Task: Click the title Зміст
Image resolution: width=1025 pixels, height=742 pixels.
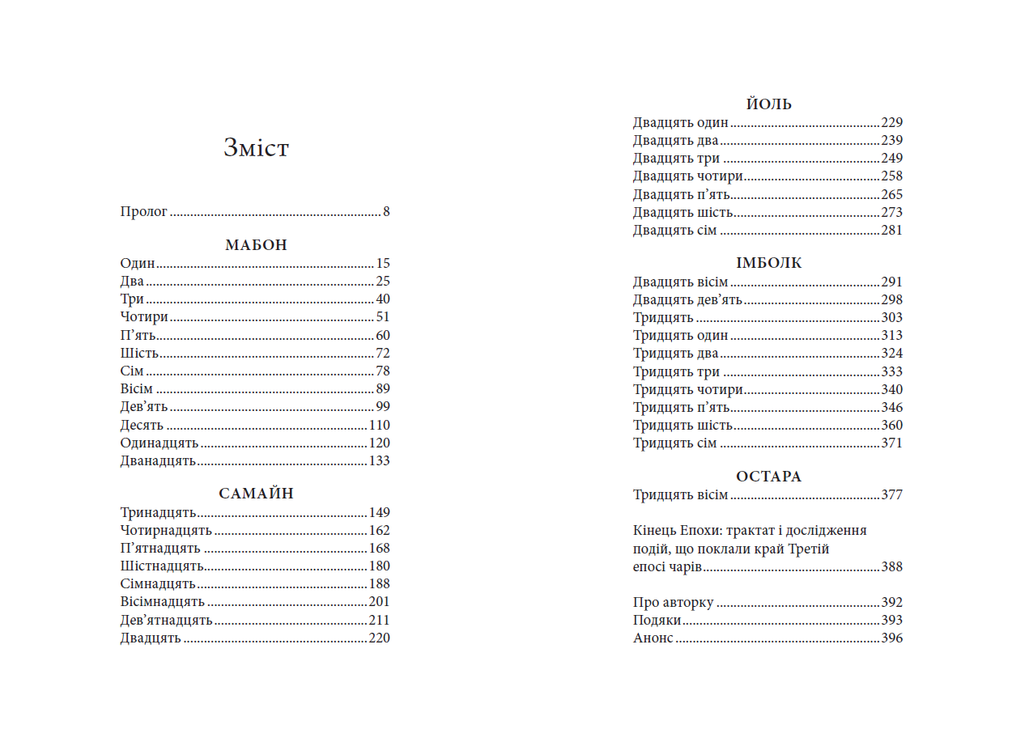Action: [256, 148]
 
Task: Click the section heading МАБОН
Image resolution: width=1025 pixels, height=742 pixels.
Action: [256, 245]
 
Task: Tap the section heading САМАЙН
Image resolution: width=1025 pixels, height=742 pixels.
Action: [256, 494]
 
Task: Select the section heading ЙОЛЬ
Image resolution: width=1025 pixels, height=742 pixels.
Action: [768, 104]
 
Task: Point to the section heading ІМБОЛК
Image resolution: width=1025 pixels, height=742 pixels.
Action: [768, 263]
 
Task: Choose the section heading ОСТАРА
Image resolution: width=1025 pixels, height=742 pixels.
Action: [768, 477]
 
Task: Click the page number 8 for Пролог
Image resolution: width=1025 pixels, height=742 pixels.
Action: [386, 212]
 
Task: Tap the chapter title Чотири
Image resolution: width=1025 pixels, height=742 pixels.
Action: [144, 317]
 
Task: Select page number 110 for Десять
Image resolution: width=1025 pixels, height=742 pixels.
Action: [379, 426]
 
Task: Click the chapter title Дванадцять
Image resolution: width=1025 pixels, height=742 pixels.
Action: [159, 461]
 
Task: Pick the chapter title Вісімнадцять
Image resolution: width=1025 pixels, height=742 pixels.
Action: [163, 602]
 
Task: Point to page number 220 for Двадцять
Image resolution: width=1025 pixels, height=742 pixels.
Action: [379, 638]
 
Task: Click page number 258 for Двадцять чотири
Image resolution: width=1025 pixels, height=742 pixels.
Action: [891, 176]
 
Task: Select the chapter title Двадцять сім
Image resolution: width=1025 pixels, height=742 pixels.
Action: [674, 231]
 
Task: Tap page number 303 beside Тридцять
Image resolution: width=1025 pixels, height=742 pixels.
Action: [891, 318]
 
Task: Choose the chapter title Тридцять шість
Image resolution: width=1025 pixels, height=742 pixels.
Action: [683, 426]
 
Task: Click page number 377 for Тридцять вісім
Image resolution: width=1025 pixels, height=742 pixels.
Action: [891, 495]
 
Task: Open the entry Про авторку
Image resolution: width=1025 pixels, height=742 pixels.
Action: [673, 603]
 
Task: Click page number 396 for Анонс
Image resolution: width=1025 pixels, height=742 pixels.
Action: [891, 638]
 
